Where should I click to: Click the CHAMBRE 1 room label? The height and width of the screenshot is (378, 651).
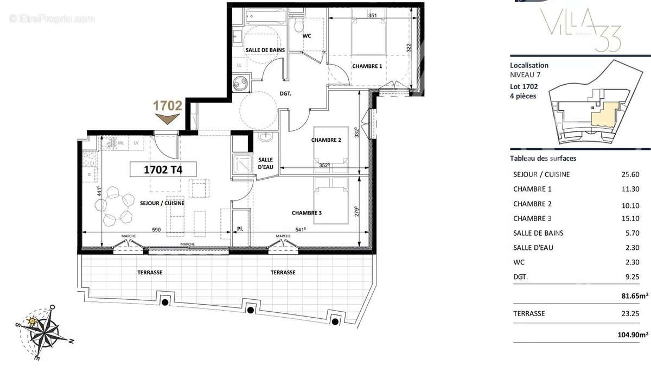[x=367, y=66]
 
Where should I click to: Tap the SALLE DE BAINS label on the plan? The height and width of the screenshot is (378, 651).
[x=265, y=50]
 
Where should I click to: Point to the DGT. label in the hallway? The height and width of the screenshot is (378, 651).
[x=285, y=93]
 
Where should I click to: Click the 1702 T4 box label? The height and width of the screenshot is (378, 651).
[x=162, y=169]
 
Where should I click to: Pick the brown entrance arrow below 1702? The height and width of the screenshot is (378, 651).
[x=167, y=119]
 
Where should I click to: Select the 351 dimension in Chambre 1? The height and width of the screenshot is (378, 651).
[x=373, y=16]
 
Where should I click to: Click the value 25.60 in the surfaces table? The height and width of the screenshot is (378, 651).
[x=630, y=174]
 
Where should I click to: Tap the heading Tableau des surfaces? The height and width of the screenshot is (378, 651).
[x=543, y=159]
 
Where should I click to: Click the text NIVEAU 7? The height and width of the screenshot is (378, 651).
[x=525, y=74]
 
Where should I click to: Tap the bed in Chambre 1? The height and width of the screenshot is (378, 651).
[x=367, y=38]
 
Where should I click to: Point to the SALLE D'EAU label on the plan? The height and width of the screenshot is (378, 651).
[x=265, y=163]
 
